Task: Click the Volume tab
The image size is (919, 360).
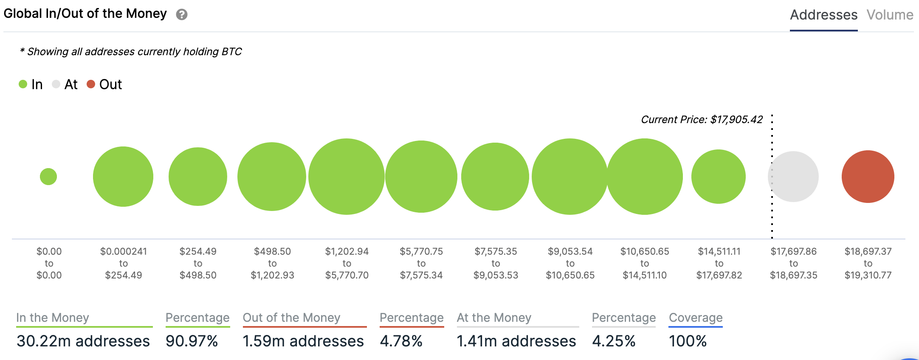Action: click(x=890, y=15)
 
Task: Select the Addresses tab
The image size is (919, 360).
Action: click(x=823, y=15)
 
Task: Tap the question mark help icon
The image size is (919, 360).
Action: click(x=182, y=15)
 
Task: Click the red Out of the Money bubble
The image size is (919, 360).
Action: click(x=868, y=177)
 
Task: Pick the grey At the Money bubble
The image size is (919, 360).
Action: click(x=793, y=177)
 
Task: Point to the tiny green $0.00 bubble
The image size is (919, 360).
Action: click(x=48, y=177)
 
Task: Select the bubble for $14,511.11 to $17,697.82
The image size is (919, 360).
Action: click(x=719, y=177)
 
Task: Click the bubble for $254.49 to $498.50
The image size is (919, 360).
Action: click(x=198, y=177)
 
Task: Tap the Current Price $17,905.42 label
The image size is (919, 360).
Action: click(x=702, y=120)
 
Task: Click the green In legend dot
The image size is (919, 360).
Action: click(x=23, y=84)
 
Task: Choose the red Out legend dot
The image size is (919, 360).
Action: click(x=90, y=84)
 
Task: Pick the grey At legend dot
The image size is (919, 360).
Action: click(x=56, y=84)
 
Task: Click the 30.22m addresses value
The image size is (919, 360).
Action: click(x=83, y=341)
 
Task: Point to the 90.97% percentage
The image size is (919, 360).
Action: click(x=192, y=341)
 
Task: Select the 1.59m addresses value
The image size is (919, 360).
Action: click(x=303, y=341)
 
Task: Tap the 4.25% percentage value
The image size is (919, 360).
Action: click(x=614, y=341)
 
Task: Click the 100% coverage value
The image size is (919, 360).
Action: click(x=688, y=341)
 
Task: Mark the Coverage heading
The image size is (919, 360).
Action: click(x=696, y=318)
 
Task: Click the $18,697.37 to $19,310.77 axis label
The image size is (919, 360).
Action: click(x=868, y=263)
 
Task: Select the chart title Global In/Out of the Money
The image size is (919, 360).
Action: click(x=85, y=14)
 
